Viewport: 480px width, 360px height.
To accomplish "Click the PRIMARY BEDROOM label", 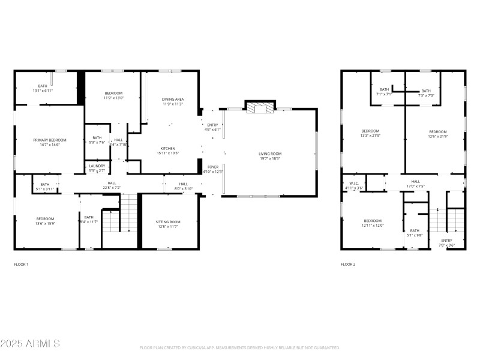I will coord(50,140).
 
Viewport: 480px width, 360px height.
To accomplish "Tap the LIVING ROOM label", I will coord(270,154).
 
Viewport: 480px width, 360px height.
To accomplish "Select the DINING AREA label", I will coord(173,99).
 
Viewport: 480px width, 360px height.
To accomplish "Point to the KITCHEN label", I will coord(167,148).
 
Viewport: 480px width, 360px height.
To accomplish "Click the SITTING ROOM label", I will coord(168,221).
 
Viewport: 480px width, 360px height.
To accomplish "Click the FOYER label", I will coord(214,166).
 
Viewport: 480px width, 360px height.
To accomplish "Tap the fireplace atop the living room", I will coord(259,107).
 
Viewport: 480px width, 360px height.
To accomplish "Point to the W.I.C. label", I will coord(353,184).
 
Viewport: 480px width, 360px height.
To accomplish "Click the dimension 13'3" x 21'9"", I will coord(370,136).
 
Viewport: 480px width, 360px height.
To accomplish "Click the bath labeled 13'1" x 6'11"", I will coord(43,88).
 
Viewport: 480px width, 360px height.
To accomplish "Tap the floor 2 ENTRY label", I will coord(446,240).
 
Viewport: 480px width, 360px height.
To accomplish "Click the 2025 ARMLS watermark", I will coord(30,344).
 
